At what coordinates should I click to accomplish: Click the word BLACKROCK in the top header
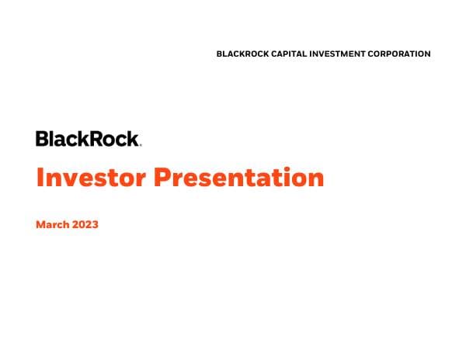click(x=243, y=54)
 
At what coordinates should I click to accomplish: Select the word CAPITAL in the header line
click(x=294, y=54)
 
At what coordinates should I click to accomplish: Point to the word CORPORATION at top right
click(x=402, y=54)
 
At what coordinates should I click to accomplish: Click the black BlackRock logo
click(x=87, y=139)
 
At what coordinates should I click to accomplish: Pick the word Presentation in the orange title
click(x=238, y=178)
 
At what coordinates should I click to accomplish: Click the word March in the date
click(x=52, y=225)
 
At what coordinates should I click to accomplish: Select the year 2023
click(x=85, y=225)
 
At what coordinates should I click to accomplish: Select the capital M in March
click(x=40, y=225)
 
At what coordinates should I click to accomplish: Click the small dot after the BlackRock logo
click(x=140, y=145)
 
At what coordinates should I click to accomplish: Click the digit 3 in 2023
click(x=95, y=225)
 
